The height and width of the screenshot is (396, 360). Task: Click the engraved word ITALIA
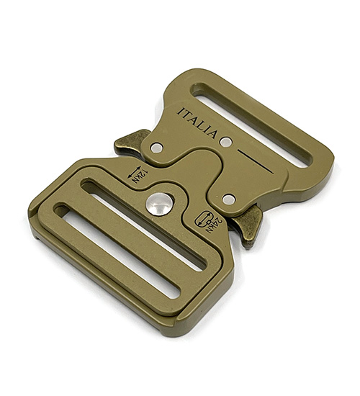point(198,123)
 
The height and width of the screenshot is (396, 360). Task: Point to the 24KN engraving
point(216,225)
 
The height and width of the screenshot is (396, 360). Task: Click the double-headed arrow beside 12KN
point(135,172)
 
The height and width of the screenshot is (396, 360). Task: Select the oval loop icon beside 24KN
point(203,218)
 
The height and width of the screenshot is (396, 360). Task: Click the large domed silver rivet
point(159,204)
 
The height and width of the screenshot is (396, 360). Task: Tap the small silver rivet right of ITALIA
point(226,142)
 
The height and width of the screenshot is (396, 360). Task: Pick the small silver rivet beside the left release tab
point(157,148)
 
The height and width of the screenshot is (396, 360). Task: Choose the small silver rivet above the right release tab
point(229,199)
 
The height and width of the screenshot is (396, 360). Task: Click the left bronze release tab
point(130,143)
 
